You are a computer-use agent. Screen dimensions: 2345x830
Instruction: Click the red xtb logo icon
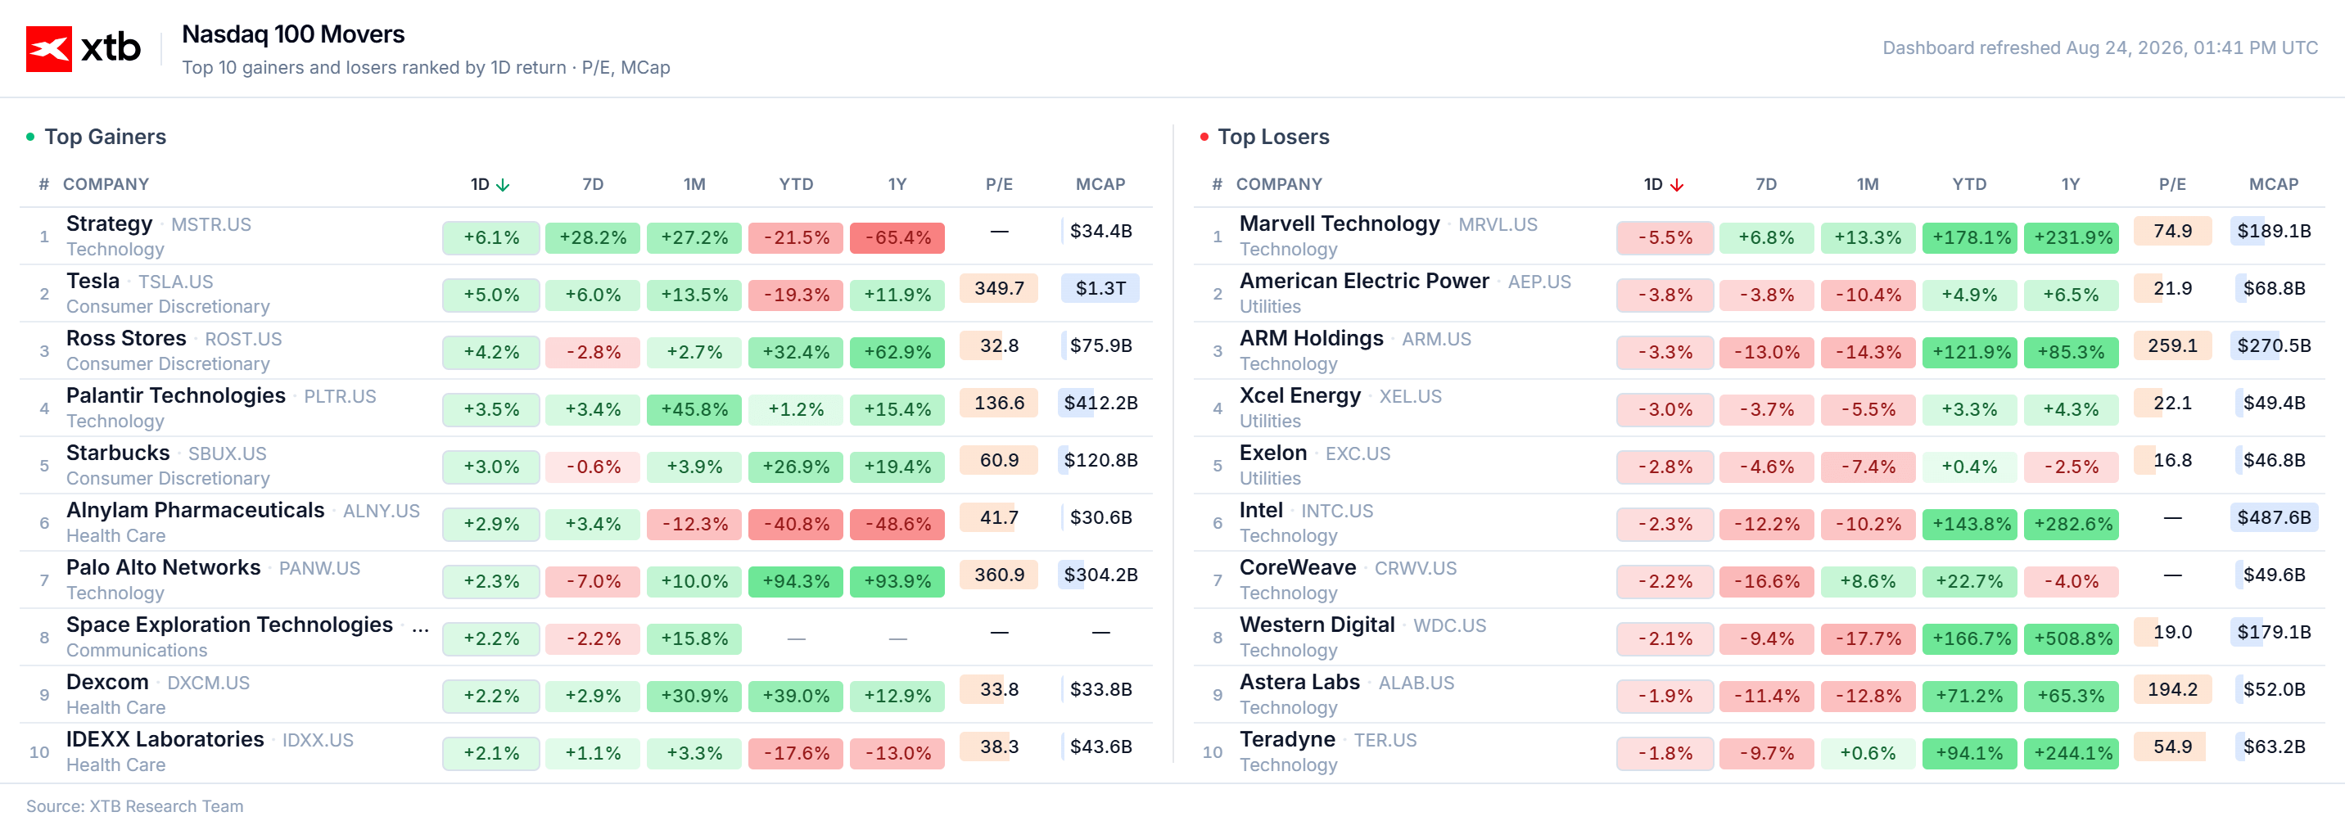49,48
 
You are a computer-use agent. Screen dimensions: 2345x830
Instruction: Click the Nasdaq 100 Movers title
293,34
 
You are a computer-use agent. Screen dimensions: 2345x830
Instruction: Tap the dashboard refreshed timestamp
2100,47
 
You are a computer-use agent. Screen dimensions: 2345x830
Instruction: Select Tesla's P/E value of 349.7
999,288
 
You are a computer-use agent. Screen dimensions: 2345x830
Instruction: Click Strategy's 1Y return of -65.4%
897,237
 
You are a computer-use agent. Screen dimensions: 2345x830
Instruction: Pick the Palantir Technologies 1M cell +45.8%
694,409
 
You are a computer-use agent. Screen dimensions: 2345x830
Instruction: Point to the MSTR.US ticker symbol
211,225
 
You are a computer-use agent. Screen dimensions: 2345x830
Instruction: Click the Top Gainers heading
106,137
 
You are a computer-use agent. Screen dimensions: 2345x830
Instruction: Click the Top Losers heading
1273,137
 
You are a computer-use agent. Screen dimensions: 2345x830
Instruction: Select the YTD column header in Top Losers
1969,184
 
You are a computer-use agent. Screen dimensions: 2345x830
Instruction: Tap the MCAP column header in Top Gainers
1100,184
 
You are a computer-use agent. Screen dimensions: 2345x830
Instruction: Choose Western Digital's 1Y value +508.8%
2071,639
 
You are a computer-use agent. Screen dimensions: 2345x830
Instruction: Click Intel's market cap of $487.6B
2274,518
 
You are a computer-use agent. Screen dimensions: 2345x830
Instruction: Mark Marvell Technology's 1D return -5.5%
1665,237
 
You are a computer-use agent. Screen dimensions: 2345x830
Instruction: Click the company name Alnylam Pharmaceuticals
196,510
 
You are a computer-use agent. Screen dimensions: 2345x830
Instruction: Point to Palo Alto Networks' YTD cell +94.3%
796,581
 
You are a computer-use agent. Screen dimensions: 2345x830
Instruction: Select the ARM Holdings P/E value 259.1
2172,345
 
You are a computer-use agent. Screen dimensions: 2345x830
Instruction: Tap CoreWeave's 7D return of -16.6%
1766,581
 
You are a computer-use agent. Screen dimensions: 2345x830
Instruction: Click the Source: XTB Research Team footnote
135,806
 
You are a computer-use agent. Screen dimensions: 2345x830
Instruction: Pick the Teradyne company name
1287,739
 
